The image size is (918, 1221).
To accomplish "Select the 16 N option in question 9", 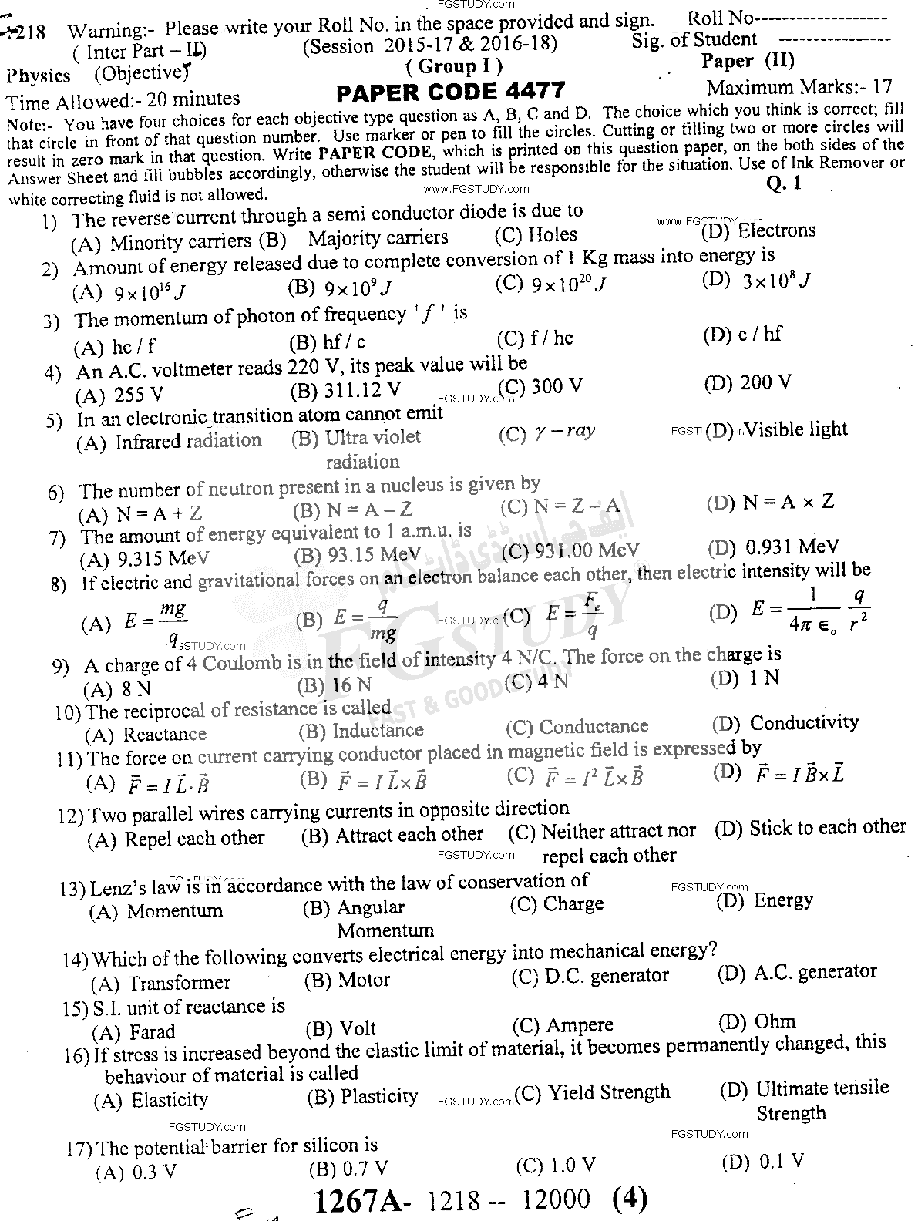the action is pos(351,684).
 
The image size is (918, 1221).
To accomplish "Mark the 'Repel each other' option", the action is pos(194,839).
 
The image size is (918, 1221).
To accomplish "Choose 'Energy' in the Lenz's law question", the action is pos(783,900).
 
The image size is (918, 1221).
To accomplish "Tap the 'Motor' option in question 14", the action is pos(364,980).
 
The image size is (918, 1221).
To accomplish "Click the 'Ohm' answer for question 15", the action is pos(775,1022).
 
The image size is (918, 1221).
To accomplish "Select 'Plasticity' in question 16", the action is pos(379,1096).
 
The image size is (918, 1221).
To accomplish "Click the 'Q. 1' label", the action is pos(784,183).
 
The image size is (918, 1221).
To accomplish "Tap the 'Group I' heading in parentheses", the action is pos(454,66).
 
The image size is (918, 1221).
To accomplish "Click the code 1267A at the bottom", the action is pos(356,1200).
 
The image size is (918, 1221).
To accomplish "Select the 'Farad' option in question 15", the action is pos(152,1032).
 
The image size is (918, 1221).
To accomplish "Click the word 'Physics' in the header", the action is pos(39,76).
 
